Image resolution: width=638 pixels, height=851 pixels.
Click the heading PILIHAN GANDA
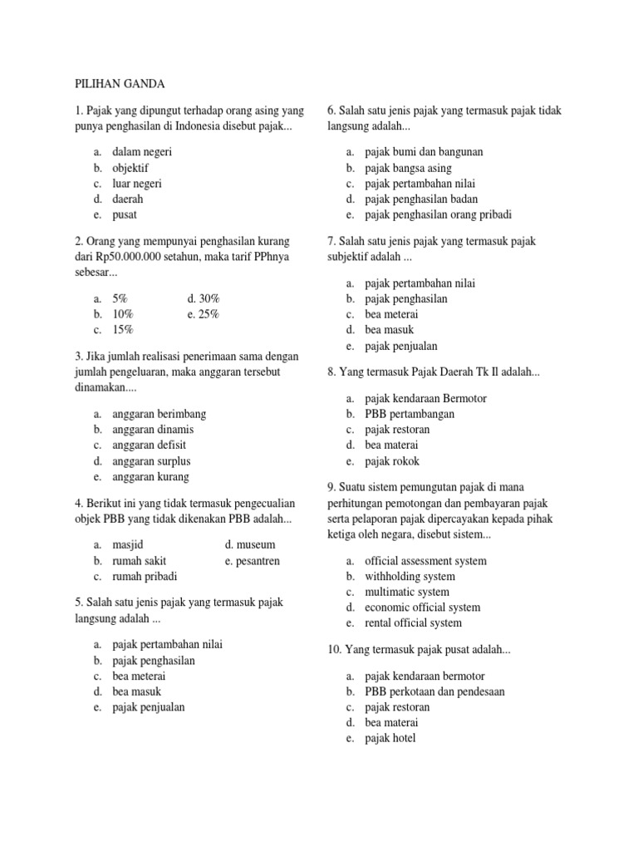pyautogui.click(x=120, y=84)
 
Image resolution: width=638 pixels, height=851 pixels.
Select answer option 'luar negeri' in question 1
pyautogui.click(x=137, y=184)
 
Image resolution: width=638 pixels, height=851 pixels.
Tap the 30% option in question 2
pyautogui.click(x=204, y=298)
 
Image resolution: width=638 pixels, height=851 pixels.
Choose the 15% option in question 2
pyautogui.click(x=123, y=330)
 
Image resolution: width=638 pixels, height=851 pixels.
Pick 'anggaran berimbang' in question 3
pyautogui.click(x=159, y=414)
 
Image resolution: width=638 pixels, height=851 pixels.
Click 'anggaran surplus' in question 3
pyautogui.click(x=151, y=461)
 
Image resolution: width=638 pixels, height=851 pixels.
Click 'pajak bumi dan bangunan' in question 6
pyautogui.click(x=424, y=152)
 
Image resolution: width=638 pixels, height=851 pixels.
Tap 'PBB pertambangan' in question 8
pyautogui.click(x=410, y=414)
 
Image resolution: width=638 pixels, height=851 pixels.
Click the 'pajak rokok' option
pyautogui.click(x=392, y=461)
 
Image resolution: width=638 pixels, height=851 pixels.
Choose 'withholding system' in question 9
pyautogui.click(x=410, y=576)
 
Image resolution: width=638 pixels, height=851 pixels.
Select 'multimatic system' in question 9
pyautogui.click(x=407, y=592)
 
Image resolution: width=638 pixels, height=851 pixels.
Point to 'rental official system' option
pyautogui.click(x=413, y=622)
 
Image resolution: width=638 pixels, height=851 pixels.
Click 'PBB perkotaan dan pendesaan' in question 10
pyautogui.click(x=434, y=691)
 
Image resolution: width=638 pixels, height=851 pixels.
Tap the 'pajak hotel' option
pyautogui.click(x=390, y=738)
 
